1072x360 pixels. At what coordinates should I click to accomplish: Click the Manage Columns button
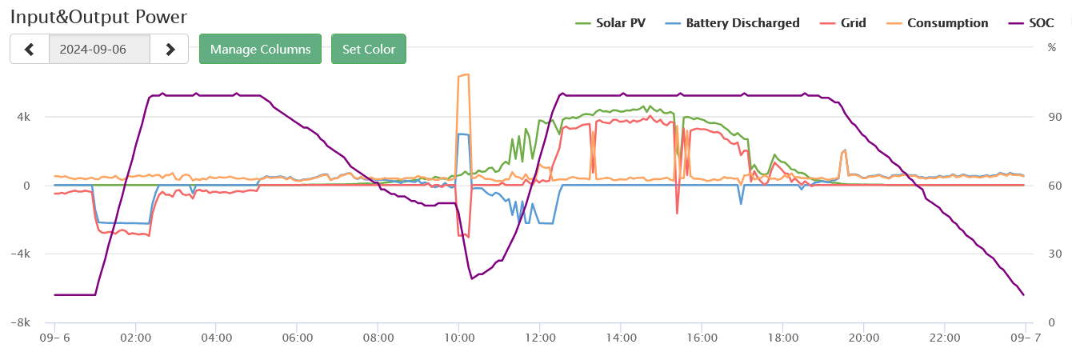(260, 49)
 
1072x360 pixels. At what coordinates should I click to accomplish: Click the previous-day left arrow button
(30, 49)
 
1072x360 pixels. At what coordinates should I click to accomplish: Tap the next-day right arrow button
(170, 49)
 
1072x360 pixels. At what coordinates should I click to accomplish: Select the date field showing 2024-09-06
(99, 49)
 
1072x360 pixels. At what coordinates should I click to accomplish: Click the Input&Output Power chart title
(98, 17)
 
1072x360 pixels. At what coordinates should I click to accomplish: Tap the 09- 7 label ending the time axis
(1023, 338)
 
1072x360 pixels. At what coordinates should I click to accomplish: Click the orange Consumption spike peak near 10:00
(464, 75)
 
